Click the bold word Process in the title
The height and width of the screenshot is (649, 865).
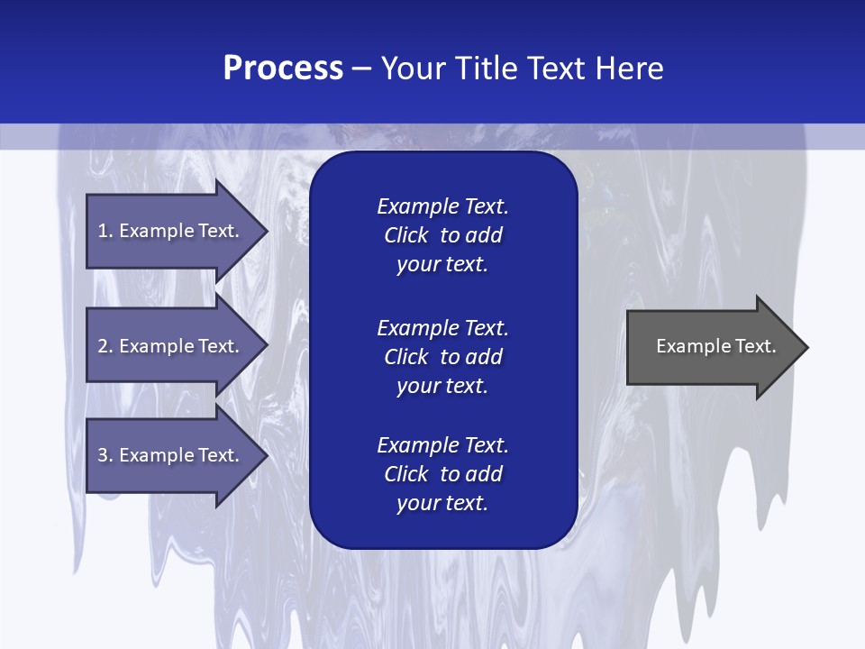pos(283,69)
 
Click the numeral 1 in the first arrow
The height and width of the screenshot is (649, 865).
pos(103,231)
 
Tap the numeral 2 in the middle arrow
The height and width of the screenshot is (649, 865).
pos(103,346)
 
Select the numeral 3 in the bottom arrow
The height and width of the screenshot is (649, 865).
pos(103,455)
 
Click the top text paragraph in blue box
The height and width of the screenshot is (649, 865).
pos(442,235)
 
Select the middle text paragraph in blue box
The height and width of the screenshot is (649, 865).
pos(442,357)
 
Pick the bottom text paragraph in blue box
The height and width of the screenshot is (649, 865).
pos(442,474)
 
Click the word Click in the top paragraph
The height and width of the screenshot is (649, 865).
pos(406,235)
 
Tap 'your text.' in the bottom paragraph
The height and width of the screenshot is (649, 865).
pos(442,504)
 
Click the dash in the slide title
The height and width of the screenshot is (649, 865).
pos(361,69)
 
